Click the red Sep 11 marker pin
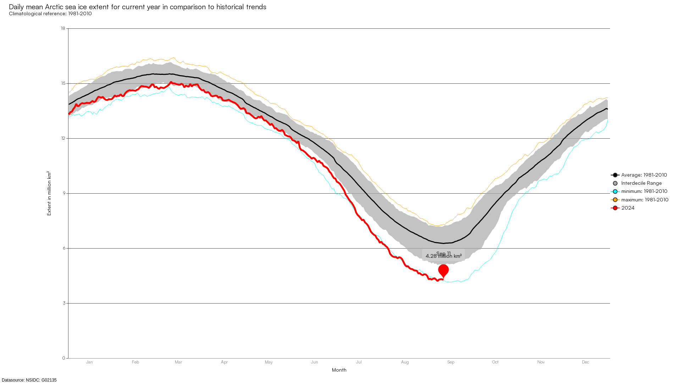pos(443,271)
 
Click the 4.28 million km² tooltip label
pos(443,256)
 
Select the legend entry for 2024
pos(627,208)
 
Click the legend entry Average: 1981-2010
pos(644,175)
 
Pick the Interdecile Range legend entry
pos(641,183)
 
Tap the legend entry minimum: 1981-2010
pos(644,191)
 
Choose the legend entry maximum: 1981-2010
pos(644,200)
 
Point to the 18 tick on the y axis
pos(63,28)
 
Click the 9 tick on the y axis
pos(64,193)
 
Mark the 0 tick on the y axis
pos(64,358)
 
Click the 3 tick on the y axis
pos(64,303)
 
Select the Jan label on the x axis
pos(89,362)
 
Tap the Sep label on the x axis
pos(451,362)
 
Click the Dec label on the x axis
pos(585,362)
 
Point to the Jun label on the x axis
pos(315,362)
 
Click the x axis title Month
pos(339,370)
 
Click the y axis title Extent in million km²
pos(49,193)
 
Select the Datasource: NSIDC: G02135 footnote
pos(29,380)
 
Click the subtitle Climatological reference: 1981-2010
pos(50,14)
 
